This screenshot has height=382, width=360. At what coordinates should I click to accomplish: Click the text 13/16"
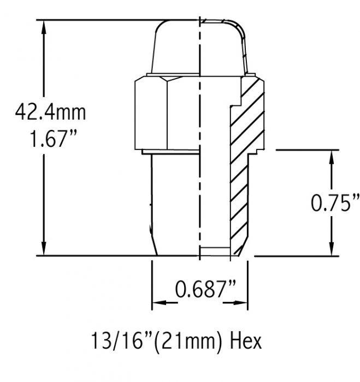point(117,341)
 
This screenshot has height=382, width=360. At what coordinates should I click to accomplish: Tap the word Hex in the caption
point(245,341)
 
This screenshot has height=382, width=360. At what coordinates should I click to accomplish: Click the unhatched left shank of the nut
point(172,202)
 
